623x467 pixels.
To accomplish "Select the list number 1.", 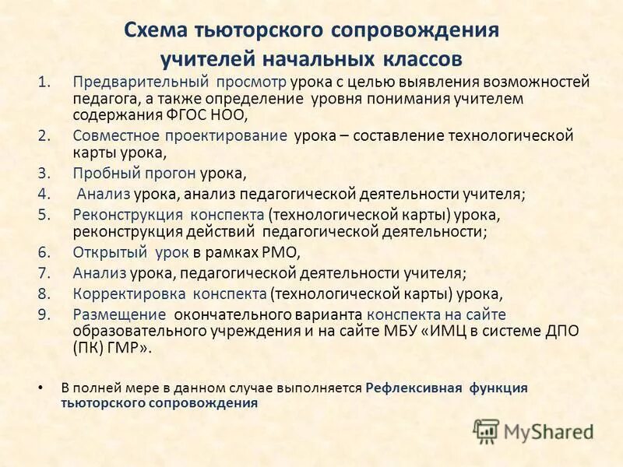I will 44,82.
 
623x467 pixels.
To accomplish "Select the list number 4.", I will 44,193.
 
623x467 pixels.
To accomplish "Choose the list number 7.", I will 44,273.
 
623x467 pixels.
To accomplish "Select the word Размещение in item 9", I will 119,314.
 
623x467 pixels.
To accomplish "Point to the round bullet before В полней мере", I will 42,387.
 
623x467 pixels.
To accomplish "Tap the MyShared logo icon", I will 486,430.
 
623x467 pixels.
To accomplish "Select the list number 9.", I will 44,314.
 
